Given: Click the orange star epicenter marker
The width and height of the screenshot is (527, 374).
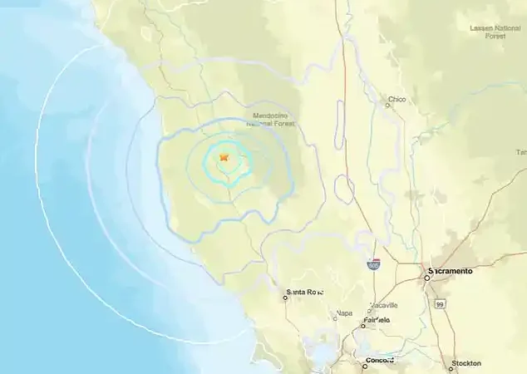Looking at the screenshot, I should click(x=224, y=156).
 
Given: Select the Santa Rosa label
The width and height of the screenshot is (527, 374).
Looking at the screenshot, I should click(x=305, y=292).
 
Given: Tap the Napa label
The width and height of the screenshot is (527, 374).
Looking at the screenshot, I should click(x=343, y=313).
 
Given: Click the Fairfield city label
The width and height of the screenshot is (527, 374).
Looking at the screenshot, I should click(x=376, y=320).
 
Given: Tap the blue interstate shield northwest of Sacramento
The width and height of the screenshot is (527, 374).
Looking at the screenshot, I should click(x=375, y=264).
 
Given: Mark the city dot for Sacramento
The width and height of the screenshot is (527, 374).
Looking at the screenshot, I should click(x=427, y=278).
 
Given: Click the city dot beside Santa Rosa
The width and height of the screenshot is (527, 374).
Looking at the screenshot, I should click(x=283, y=293).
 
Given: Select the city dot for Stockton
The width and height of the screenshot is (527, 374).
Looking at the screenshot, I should click(x=453, y=363).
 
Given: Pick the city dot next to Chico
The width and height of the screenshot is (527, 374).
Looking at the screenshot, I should click(x=388, y=106).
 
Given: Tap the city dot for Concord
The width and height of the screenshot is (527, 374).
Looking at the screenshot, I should click(x=364, y=361).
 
